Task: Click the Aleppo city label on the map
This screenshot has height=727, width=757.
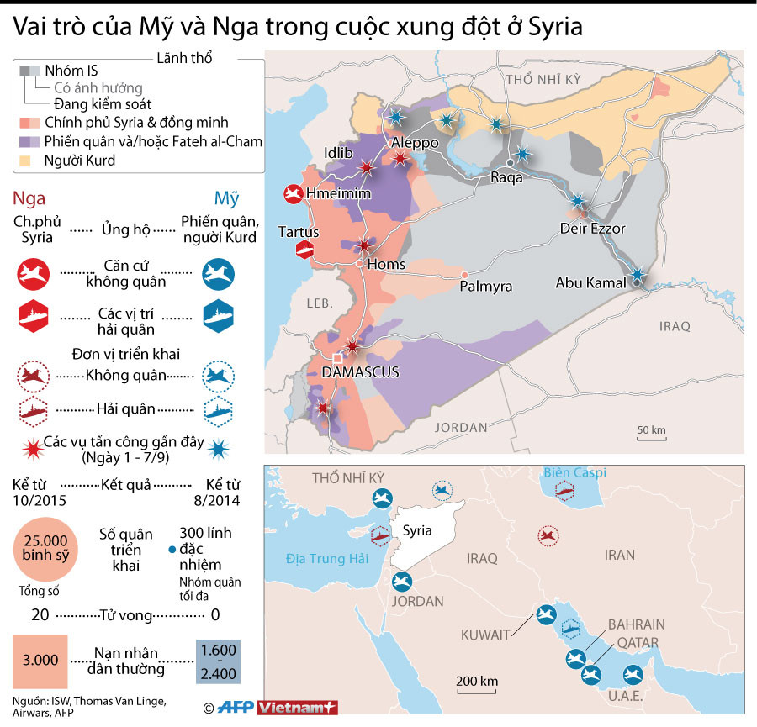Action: (415, 143)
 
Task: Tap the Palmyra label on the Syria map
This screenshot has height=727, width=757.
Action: (486, 287)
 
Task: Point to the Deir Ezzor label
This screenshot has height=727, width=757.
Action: (593, 229)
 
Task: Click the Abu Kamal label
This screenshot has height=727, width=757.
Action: (590, 283)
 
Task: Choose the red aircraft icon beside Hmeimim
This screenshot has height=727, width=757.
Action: (293, 194)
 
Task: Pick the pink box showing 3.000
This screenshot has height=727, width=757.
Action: (40, 660)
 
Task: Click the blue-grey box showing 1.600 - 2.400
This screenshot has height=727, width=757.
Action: (218, 660)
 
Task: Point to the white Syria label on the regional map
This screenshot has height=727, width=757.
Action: (417, 531)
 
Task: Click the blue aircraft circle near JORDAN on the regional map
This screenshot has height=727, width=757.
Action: (402, 581)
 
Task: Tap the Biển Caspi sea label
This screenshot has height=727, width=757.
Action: (574, 473)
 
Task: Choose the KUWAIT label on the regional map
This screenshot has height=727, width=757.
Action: (484, 635)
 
